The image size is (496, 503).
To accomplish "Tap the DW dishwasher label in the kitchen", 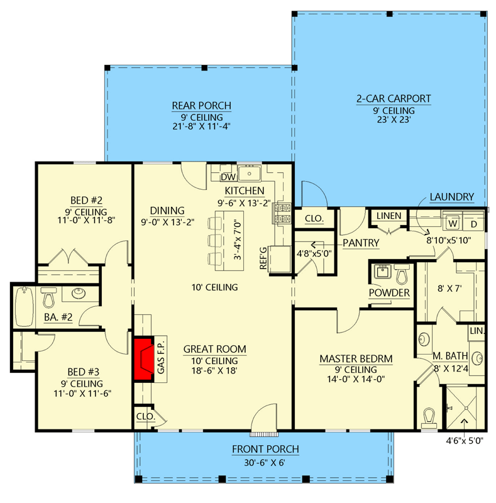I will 228,178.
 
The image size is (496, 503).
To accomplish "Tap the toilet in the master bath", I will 430,417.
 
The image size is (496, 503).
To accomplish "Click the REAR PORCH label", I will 201,106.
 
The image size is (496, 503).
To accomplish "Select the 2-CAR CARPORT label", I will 394,98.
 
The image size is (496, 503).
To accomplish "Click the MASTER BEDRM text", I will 356,359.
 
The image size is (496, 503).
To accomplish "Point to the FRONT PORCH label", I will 265,449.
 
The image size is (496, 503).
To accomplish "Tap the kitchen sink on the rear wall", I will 253,174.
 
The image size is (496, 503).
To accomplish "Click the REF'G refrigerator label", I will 264,258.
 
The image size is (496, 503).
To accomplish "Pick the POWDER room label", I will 389,293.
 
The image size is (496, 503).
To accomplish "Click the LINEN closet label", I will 389,216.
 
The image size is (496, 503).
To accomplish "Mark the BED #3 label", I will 84,371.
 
